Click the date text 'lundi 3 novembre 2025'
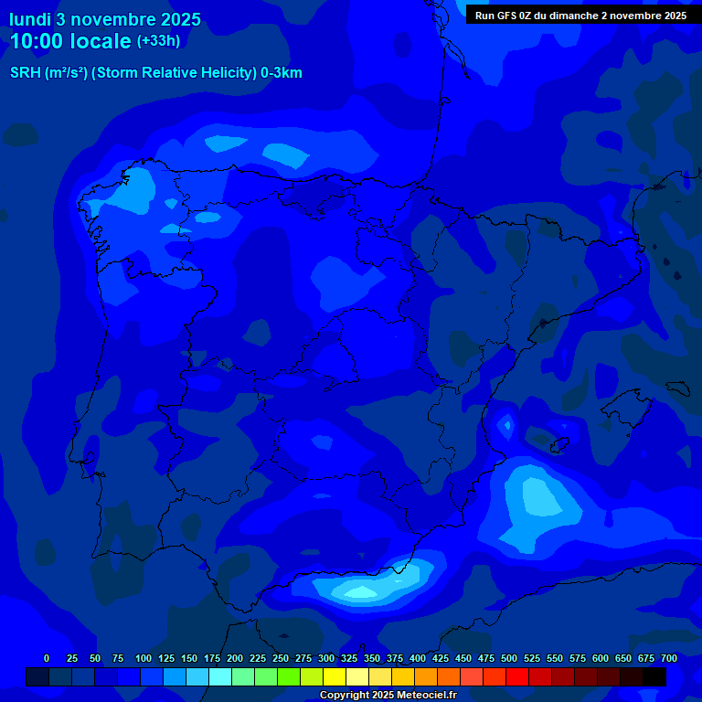[105, 19]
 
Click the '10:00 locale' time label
[71, 41]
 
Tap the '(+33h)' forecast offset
[158, 41]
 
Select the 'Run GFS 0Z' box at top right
[580, 15]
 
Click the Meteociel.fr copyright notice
[388, 695]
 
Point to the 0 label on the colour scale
[47, 658]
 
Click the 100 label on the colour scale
[144, 658]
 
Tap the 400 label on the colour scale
[418, 658]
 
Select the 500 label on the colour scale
[509, 658]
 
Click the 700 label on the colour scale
[669, 658]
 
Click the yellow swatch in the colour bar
[335, 676]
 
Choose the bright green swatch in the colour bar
[289, 676]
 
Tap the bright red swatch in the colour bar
[517, 676]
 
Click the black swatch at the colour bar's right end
[654, 676]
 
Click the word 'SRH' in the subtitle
[25, 73]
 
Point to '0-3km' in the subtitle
[282, 73]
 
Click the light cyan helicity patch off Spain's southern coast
[361, 592]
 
